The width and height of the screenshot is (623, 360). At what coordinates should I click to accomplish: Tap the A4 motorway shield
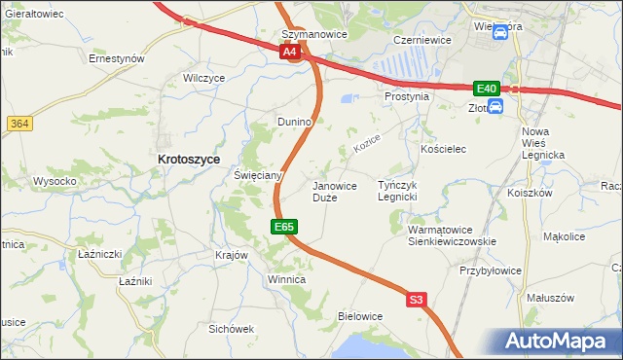tap(290, 54)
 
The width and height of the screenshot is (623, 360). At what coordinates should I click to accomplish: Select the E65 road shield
tap(283, 227)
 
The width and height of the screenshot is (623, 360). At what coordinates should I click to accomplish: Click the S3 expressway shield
tap(417, 301)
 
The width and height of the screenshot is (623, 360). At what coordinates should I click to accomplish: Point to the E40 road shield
tap(486, 88)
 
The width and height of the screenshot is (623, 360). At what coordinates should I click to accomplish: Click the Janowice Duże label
tap(333, 191)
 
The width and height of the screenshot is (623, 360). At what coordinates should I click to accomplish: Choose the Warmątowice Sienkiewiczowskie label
tap(452, 235)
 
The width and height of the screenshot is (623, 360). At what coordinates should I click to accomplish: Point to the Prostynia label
tap(407, 97)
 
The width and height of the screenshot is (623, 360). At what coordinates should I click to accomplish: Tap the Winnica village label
tap(286, 280)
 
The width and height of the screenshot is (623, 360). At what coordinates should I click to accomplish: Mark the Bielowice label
tap(359, 317)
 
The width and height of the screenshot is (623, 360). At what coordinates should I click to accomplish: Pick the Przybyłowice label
tap(492, 271)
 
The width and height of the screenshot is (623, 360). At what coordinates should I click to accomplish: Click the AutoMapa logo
tap(560, 342)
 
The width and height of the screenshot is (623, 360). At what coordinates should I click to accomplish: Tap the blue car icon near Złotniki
tap(495, 106)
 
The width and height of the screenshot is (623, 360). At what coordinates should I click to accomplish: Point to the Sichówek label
tap(231, 329)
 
